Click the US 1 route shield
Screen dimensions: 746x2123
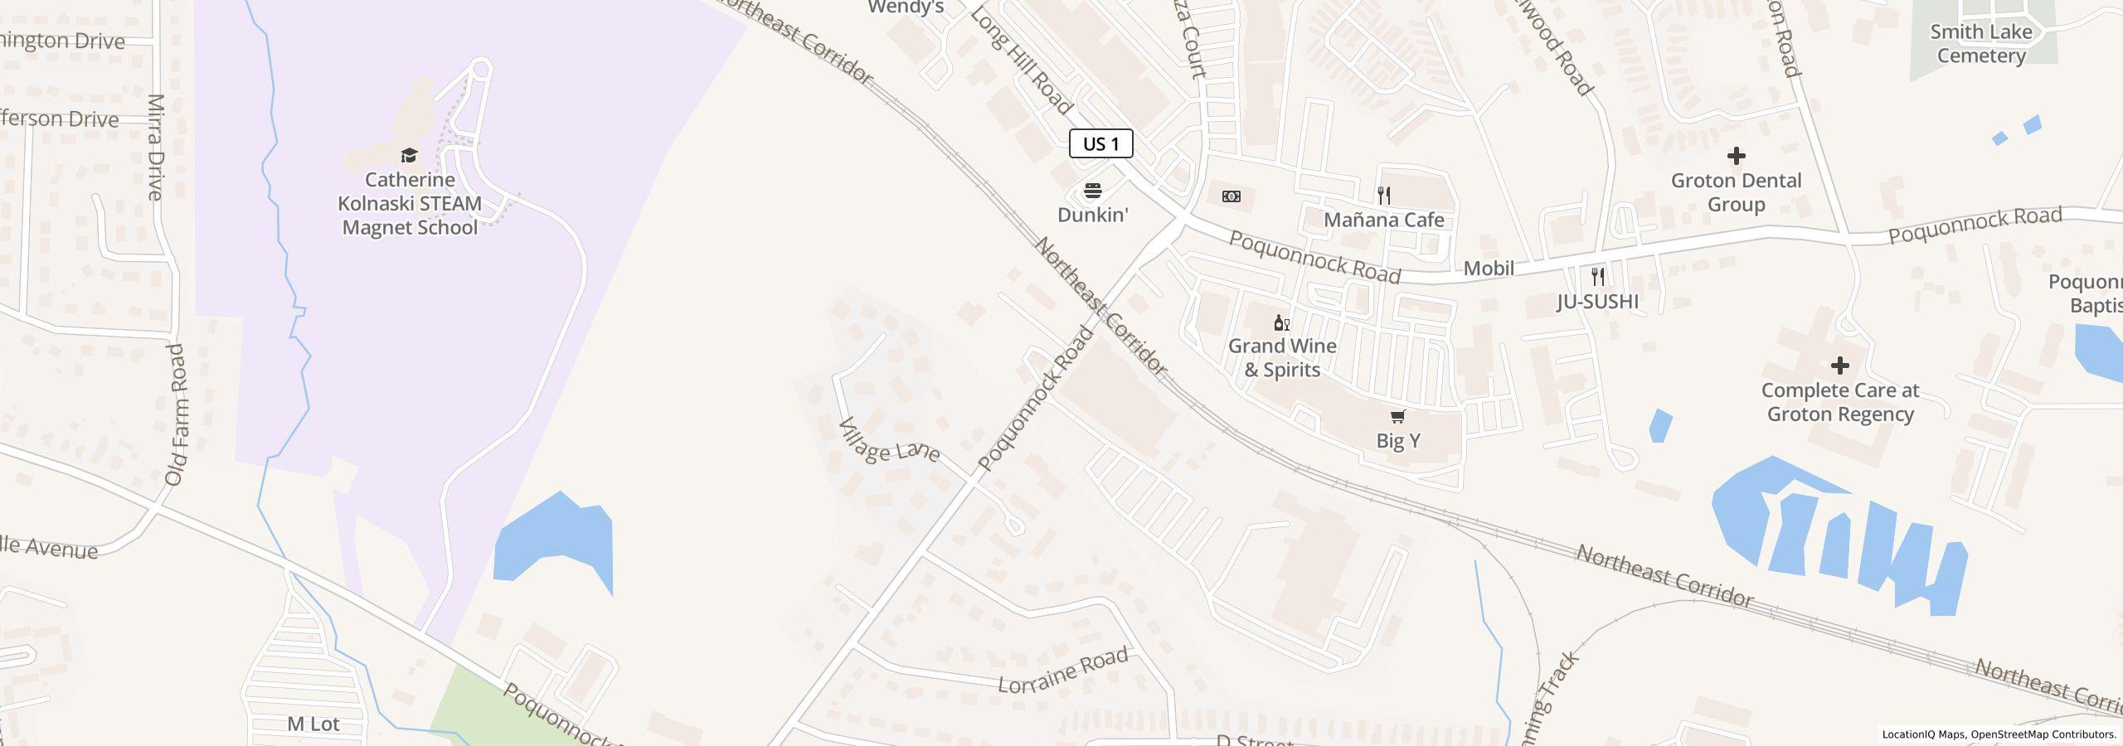[x=1100, y=143]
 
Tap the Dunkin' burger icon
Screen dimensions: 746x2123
[x=1092, y=191]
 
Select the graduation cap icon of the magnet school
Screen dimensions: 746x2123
[x=409, y=155]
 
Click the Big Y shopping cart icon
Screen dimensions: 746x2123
[x=1397, y=416]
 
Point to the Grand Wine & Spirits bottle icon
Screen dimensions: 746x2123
[x=1281, y=322]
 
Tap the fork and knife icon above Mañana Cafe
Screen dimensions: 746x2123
[x=1383, y=196]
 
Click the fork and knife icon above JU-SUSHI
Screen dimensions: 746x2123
[x=1597, y=276]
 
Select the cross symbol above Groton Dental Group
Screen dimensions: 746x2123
[x=1736, y=156]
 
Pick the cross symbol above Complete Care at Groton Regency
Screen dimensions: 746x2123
[x=1839, y=366]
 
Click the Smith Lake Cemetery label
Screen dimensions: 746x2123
[x=1980, y=44]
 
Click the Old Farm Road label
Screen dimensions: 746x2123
[x=175, y=414]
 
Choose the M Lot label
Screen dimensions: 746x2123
[x=313, y=724]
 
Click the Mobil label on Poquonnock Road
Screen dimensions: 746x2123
[x=1489, y=268]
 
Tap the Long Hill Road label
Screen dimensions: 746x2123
[x=1021, y=61]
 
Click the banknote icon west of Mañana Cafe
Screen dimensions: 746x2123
[x=1232, y=196]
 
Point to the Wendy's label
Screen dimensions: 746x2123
[x=906, y=7]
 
